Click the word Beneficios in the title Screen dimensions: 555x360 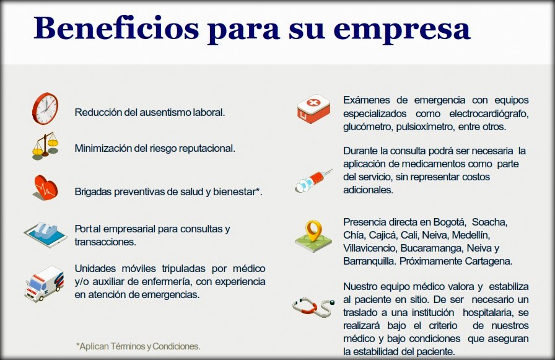pyautogui.click(x=116, y=29)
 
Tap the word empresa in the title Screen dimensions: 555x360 pyautogui.click(x=402, y=31)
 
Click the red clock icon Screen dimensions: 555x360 pyautogui.click(x=45, y=108)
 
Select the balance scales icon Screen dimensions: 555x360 pyautogui.click(x=45, y=146)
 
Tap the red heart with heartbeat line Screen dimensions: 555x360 pyautogui.click(x=46, y=188)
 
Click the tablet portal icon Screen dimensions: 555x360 pyautogui.click(x=45, y=234)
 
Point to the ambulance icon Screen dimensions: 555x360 pyautogui.click(x=44, y=284)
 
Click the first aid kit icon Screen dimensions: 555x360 pyautogui.click(x=313, y=108)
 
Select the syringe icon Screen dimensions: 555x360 pyautogui.click(x=313, y=180)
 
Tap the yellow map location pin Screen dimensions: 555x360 pyautogui.click(x=313, y=230)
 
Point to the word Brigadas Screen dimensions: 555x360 pyautogui.click(x=93, y=192)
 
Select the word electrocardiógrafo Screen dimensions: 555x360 pyautogui.click(x=489, y=114)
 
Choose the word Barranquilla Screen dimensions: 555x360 pyautogui.click(x=370, y=261)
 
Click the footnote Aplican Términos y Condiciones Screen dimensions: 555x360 pyautogui.click(x=138, y=346)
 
